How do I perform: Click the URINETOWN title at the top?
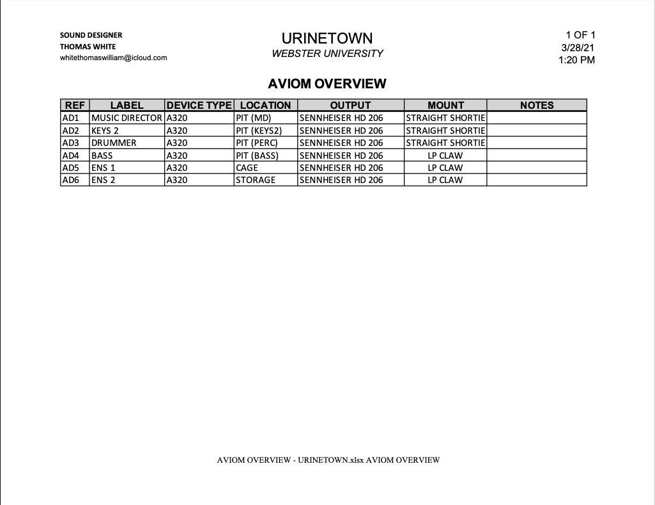pos(327,38)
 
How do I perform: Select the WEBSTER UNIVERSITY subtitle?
pos(327,54)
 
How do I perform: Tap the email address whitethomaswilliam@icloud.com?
pos(113,58)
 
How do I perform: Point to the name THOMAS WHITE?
pos(88,47)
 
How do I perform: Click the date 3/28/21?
pos(578,48)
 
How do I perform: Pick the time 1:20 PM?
pos(576,60)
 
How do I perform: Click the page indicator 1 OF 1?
pos(580,35)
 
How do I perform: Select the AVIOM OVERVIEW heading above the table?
pos(327,84)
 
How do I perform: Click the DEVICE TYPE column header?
pos(199,106)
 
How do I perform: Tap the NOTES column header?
pos(537,106)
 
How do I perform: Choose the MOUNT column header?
pos(445,106)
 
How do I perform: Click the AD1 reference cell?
pos(70,118)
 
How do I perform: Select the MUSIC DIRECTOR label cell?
pos(127,118)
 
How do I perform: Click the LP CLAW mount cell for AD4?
pos(445,156)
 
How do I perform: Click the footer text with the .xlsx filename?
pos(328,460)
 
